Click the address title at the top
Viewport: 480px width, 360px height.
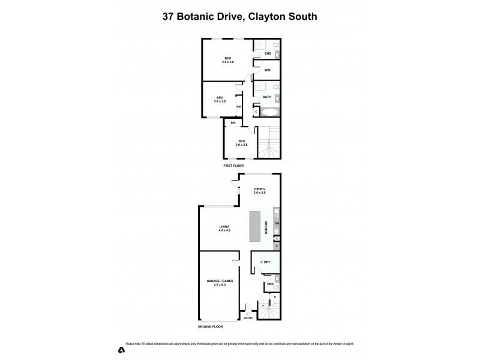(x=240, y=17)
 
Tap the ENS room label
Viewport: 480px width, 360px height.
(x=268, y=54)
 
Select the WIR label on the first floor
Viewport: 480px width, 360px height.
(x=267, y=70)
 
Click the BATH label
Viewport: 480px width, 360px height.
(x=266, y=97)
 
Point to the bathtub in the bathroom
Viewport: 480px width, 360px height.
(x=269, y=112)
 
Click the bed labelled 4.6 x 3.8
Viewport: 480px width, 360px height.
(x=228, y=60)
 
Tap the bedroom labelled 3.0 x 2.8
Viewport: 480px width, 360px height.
(x=241, y=143)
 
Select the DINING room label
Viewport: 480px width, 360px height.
(x=259, y=190)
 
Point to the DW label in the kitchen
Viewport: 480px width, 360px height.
(x=277, y=224)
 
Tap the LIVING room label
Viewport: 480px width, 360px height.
(x=224, y=228)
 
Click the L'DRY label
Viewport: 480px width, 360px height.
(x=266, y=262)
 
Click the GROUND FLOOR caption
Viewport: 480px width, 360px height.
(x=211, y=326)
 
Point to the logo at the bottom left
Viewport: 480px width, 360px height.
(x=121, y=349)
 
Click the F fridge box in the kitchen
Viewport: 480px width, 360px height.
(x=277, y=246)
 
